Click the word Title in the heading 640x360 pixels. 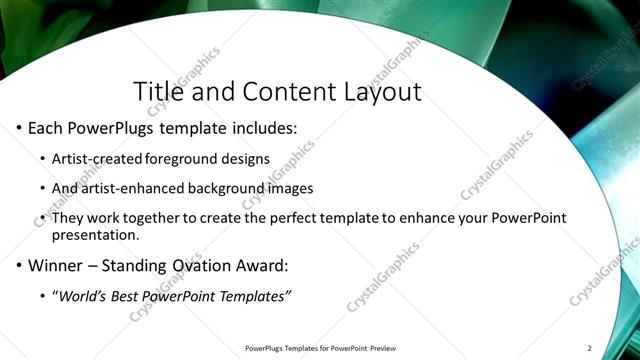point(159,91)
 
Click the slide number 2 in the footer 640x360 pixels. point(589,348)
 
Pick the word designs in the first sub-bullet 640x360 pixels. point(249,158)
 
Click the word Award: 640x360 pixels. point(261,266)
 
